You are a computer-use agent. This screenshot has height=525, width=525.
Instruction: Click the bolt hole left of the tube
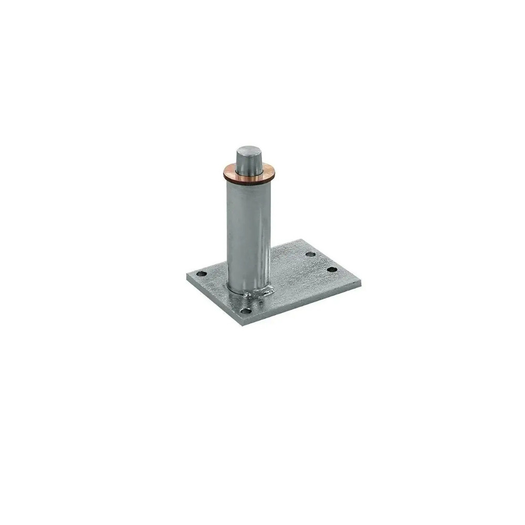pos(200,274)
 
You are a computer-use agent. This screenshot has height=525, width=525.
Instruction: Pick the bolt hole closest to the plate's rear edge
pos(310,255)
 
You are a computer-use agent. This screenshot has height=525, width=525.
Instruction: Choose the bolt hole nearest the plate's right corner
pos(331,270)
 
